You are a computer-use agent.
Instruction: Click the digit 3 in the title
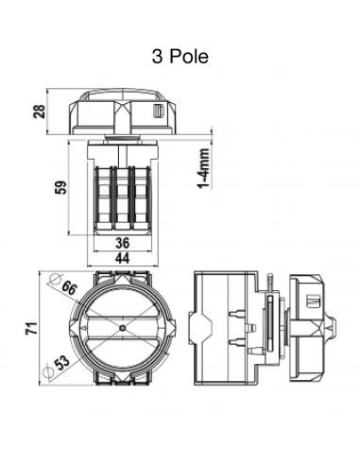click(x=156, y=57)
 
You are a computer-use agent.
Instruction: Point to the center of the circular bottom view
click(x=124, y=326)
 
